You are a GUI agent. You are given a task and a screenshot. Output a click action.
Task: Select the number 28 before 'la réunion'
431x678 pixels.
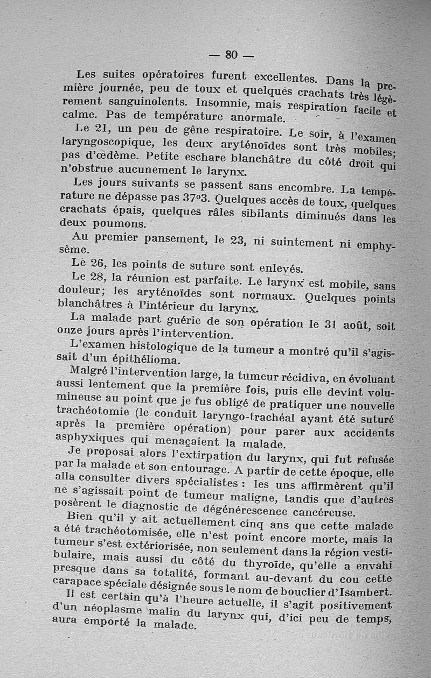coord(98,277)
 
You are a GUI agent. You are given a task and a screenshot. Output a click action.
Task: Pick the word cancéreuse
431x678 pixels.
coord(321,511)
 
